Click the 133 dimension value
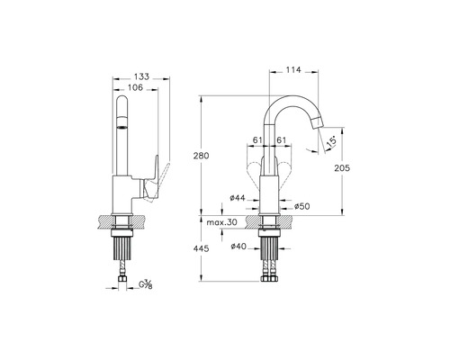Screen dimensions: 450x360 pos(141,76)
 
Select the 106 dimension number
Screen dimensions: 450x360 pos(135,87)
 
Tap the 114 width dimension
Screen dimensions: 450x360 pos(293,70)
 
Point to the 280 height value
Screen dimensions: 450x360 pos(202,156)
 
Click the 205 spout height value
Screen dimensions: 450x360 pos(342,168)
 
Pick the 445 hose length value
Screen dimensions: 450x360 pos(201,248)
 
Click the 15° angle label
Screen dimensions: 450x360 pos(330,141)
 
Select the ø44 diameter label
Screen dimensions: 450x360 pos(238,198)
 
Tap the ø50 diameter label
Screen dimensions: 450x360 pos(301,206)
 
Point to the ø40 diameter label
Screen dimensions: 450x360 pos(238,247)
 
